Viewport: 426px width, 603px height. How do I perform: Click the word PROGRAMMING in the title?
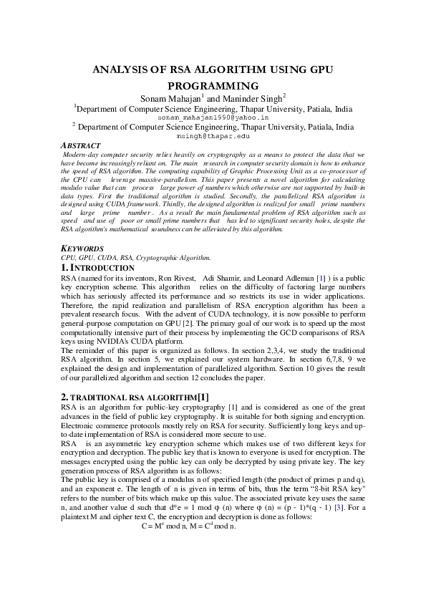point(213,85)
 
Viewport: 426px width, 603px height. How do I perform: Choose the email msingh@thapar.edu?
point(213,135)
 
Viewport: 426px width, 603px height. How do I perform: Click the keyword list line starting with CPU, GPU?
point(135,257)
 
